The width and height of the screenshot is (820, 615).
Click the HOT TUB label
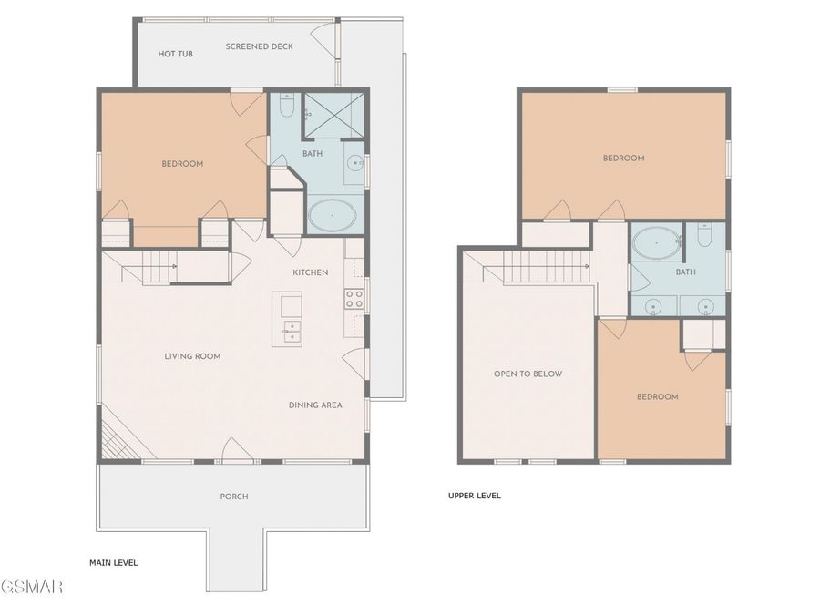click(175, 54)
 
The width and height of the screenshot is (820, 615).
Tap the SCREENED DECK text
click(260, 46)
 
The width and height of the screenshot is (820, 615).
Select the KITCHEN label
click(311, 272)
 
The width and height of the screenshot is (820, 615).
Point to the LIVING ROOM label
click(192, 356)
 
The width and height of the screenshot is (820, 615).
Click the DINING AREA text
click(315, 405)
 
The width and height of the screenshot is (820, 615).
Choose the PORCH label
click(234, 497)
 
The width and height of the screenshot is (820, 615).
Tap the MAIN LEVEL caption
click(114, 563)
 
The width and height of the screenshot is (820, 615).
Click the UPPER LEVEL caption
click(475, 496)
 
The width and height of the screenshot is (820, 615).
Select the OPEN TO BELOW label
click(528, 374)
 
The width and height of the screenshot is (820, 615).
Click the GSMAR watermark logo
click(31, 586)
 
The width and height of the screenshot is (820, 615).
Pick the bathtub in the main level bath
click(333, 215)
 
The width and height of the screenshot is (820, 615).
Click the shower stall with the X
click(333, 116)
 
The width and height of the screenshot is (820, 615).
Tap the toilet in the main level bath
click(287, 107)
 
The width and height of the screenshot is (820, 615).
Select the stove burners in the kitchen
click(354, 299)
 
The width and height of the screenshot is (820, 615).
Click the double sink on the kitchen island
click(292, 331)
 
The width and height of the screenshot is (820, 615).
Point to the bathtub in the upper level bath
click(656, 242)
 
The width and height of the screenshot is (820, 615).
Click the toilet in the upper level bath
click(704, 235)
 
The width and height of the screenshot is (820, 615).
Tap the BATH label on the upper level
click(685, 272)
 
